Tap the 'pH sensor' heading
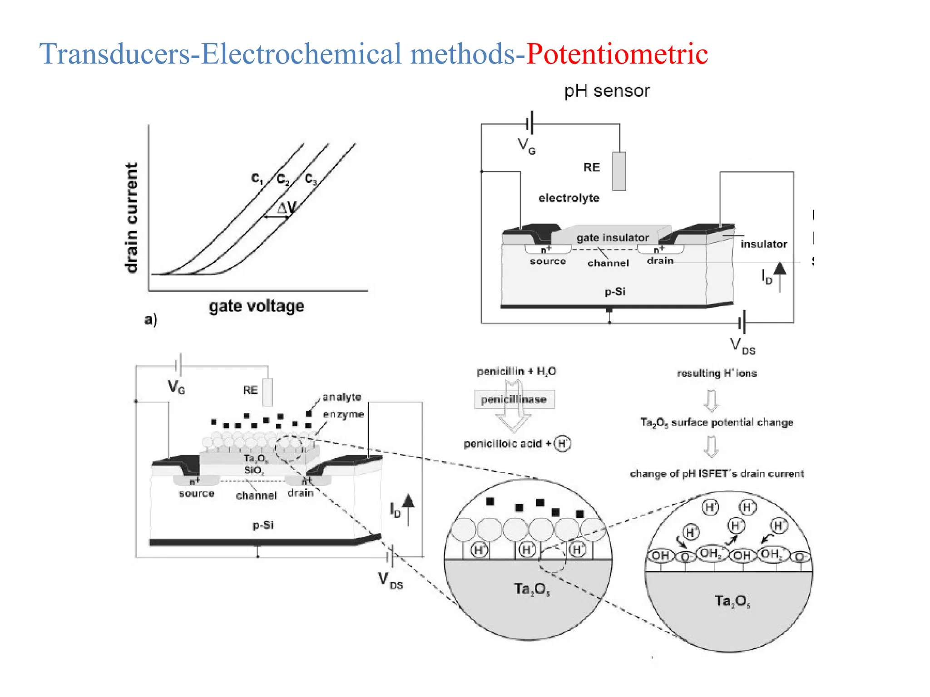tap(607, 91)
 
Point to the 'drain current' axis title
tap(131, 218)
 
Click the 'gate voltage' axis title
tap(256, 306)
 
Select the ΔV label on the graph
tap(287, 208)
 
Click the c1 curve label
tap(257, 178)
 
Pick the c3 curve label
tap(311, 179)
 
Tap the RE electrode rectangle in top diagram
tap(619, 171)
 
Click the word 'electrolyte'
tap(569, 198)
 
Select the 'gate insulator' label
tap(612, 238)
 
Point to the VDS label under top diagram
tap(742, 346)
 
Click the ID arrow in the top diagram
tap(780, 276)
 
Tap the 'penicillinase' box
tap(514, 400)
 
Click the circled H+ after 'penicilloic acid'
tap(563, 443)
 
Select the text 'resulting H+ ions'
tap(717, 373)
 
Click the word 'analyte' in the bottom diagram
tap(341, 397)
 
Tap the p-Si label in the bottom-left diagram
tap(263, 525)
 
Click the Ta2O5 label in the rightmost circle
tap(732, 601)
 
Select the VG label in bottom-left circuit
tap(176, 387)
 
